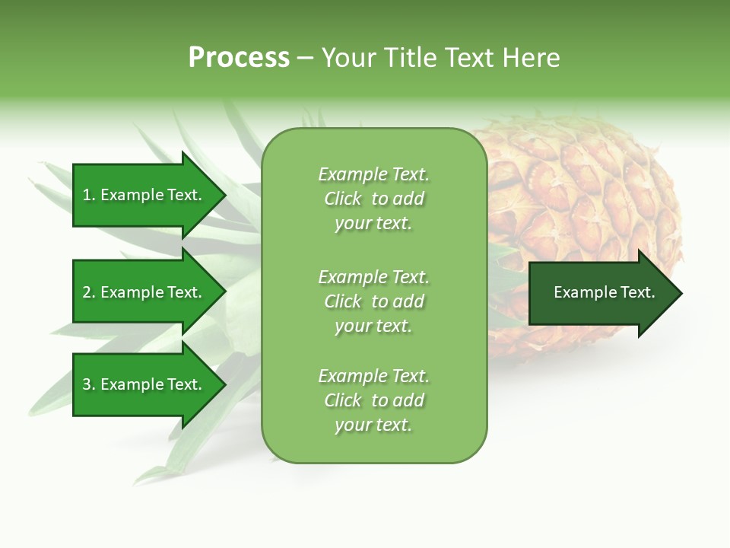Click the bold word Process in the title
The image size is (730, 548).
click(239, 58)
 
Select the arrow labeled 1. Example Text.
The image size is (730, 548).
click(144, 195)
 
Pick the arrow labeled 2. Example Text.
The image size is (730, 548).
click(144, 292)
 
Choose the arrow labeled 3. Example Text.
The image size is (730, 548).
click(144, 384)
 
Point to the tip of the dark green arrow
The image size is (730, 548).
click(680, 293)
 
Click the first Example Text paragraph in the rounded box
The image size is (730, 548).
click(373, 199)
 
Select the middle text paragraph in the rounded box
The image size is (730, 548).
click(373, 301)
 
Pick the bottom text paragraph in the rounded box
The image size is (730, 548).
click(373, 400)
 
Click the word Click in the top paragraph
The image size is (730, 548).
click(343, 199)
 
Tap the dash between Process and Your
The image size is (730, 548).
click(305, 58)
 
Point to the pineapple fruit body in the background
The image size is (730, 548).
click(586, 198)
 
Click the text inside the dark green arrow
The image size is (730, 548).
click(604, 292)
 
